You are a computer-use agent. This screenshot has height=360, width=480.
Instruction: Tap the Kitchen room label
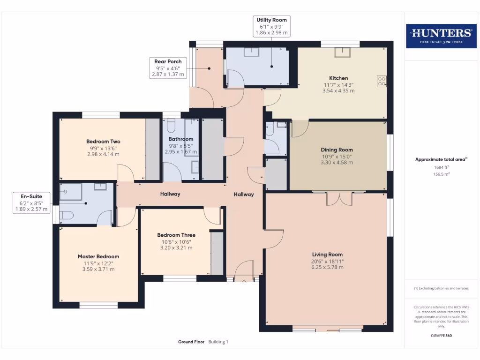pos(338,78)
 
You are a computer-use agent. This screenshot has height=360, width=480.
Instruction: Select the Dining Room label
pos(337,150)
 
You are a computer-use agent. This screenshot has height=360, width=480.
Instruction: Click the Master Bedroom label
pos(98,256)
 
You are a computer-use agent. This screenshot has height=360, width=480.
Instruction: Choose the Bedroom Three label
pos(176,235)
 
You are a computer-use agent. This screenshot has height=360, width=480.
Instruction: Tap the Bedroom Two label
pos(103,142)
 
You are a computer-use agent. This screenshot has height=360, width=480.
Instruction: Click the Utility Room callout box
pos(271,26)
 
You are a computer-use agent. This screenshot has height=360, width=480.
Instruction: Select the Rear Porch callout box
pos(168,67)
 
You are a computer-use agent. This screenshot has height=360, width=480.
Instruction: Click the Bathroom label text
pos(181,139)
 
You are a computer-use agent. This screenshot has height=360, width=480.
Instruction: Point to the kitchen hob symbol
pos(381,82)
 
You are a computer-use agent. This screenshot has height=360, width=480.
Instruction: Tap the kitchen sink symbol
pos(342,52)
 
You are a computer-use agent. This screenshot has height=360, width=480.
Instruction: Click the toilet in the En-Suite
pos(67,216)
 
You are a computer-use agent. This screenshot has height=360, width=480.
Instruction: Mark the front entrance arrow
pos(244,281)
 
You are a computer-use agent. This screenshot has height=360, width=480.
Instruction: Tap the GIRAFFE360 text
pos(441,336)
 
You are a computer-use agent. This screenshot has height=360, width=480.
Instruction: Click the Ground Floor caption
pos(191,342)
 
